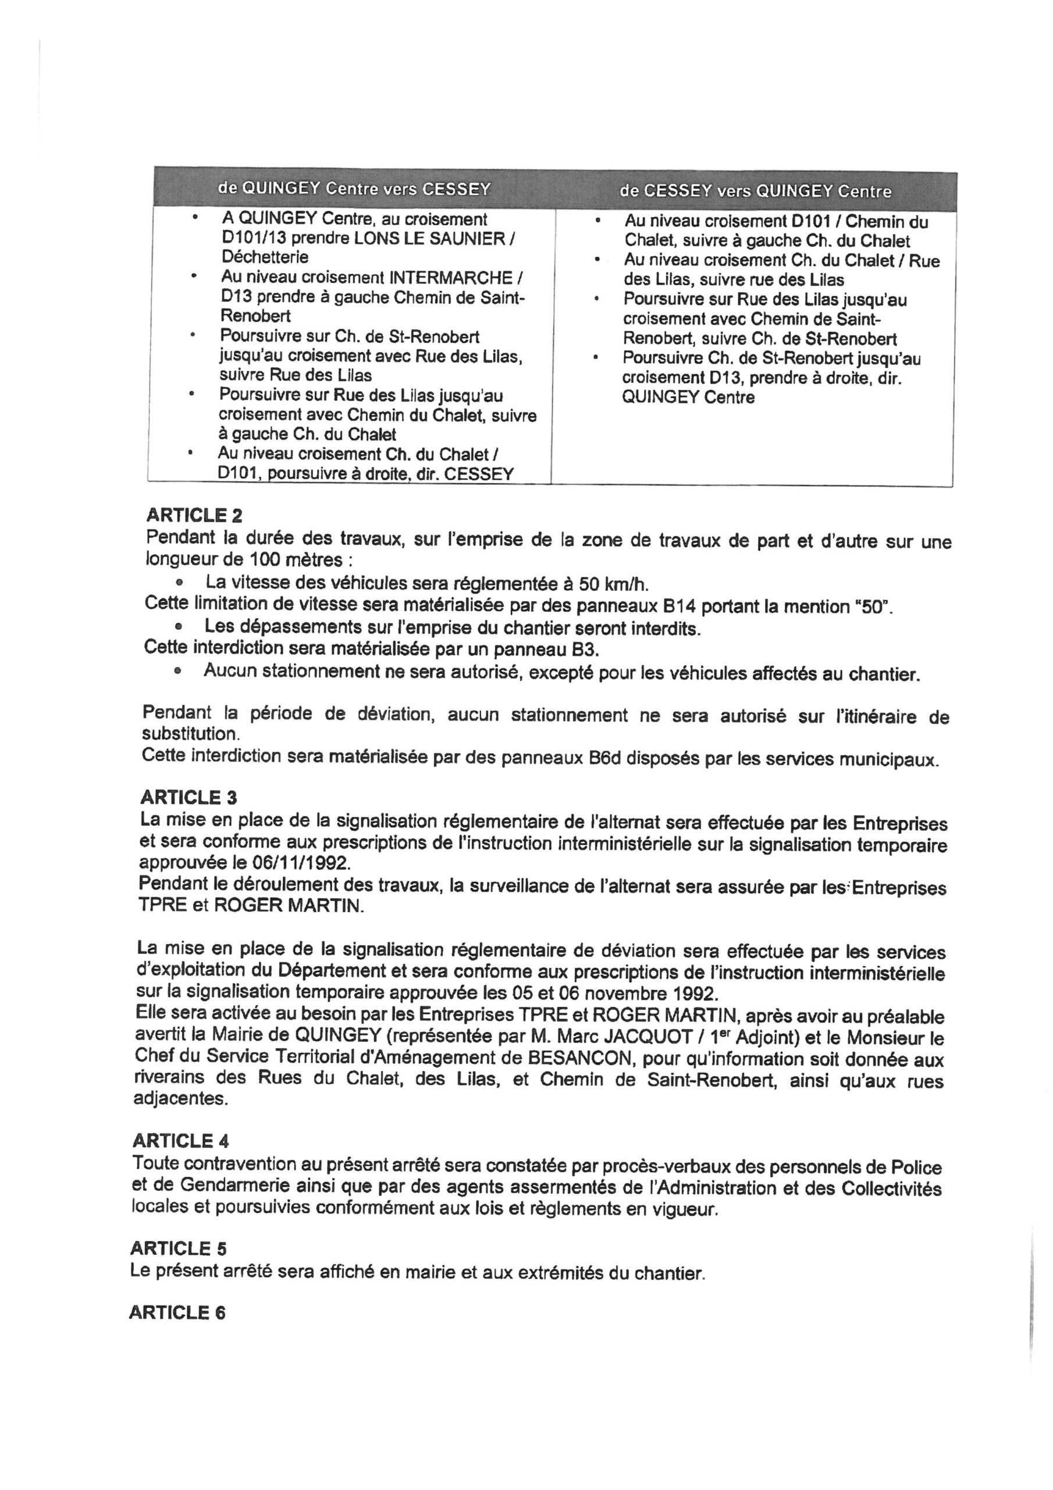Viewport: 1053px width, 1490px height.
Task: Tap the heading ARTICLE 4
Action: click(180, 1140)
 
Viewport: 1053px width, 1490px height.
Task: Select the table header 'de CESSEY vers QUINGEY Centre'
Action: click(755, 191)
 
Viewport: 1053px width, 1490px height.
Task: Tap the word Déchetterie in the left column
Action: click(265, 257)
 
